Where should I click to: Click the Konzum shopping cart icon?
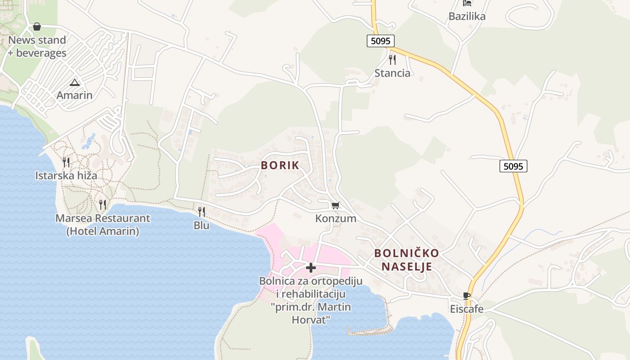(x=335, y=206)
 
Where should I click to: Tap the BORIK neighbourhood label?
(x=280, y=165)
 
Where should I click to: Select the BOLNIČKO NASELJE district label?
(x=406, y=260)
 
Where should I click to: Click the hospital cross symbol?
(x=310, y=268)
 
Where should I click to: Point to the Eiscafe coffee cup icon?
(x=467, y=296)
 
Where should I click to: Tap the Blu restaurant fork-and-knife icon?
(x=202, y=211)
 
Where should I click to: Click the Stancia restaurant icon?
(x=392, y=60)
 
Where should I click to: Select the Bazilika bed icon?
(x=467, y=4)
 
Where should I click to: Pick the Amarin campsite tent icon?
(x=74, y=82)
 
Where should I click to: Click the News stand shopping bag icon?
(x=37, y=27)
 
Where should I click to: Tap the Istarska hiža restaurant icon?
(x=66, y=162)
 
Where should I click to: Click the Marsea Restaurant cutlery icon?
(x=103, y=205)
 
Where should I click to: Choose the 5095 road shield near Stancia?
(x=380, y=41)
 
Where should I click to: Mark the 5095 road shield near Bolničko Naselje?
(x=513, y=166)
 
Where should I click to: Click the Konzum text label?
(x=336, y=219)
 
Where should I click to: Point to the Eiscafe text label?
(x=467, y=309)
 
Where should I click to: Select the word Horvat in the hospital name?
(x=311, y=320)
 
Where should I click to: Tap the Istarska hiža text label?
(x=66, y=175)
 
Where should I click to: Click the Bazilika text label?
(x=467, y=17)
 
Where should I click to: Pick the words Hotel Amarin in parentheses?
(x=103, y=232)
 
